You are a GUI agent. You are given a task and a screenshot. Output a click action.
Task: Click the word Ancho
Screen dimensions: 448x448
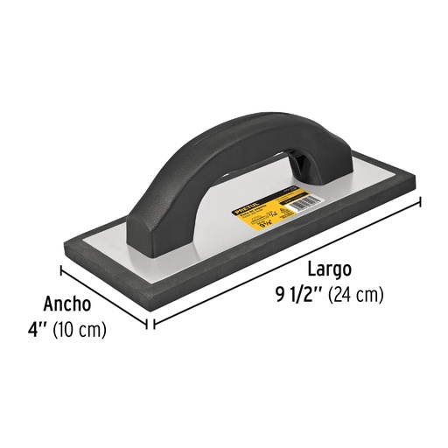click(66, 305)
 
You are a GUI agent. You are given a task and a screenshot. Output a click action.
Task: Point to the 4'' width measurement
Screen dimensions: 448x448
click(38, 332)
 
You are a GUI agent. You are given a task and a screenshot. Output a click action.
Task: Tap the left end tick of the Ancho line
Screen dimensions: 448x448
click(62, 269)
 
